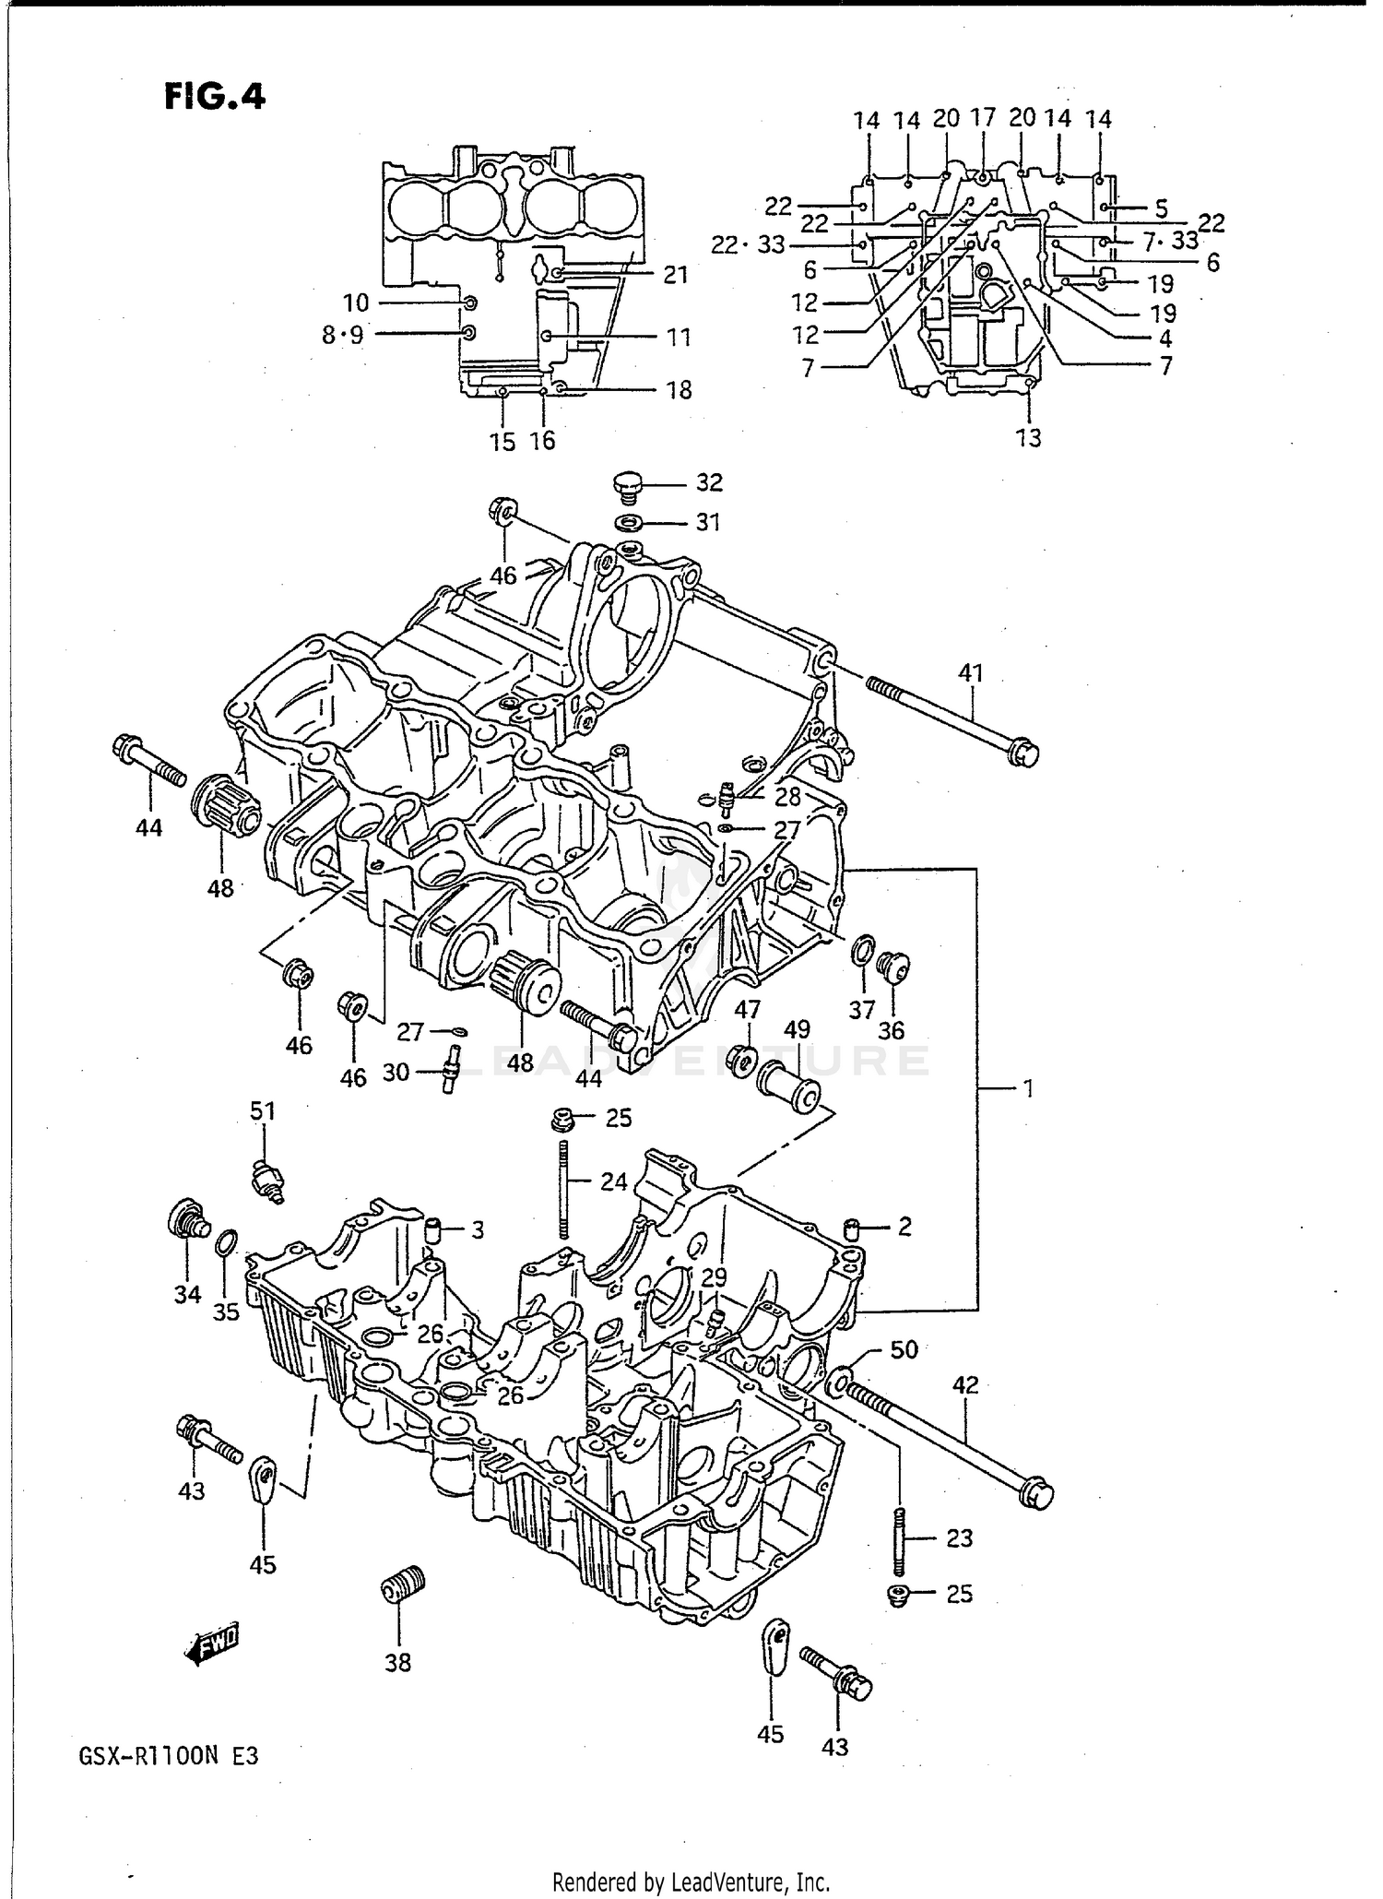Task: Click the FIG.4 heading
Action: pos(215,96)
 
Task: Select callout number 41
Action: pos(971,673)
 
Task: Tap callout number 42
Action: pos(965,1384)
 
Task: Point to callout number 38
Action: pos(398,1663)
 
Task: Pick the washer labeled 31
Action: pos(631,523)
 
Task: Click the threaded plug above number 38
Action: pos(402,1587)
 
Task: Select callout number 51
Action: pos(264,1111)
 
